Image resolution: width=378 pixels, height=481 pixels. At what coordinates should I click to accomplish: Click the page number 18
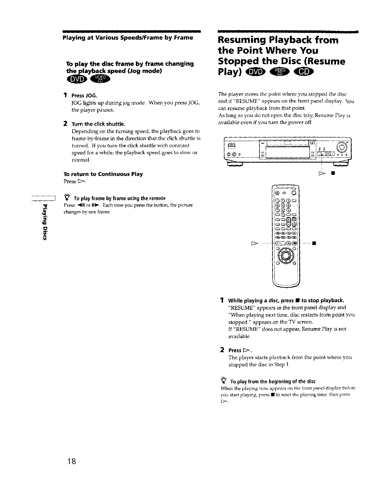point(72,461)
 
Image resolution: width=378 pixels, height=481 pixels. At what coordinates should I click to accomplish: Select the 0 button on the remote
point(283,214)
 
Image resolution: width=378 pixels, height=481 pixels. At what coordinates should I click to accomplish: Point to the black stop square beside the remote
point(315,244)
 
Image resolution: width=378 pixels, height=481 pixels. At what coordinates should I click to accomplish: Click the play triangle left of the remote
point(254,244)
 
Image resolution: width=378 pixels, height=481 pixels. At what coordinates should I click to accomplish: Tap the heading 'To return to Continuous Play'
point(103,174)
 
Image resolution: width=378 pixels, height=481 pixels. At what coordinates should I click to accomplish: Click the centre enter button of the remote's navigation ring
point(285,255)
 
